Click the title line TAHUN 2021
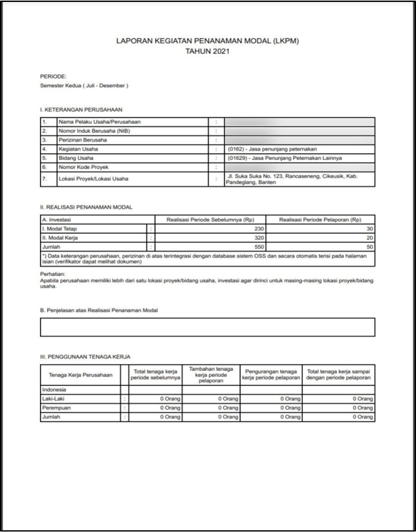tap(207, 50)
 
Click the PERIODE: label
tap(53, 77)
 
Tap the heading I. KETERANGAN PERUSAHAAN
tap(81, 109)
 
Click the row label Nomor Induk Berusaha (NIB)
tap(95, 131)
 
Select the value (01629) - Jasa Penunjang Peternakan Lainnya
tap(285, 159)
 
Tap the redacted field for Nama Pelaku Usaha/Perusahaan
tap(300, 122)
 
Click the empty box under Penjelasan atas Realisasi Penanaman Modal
tap(207, 327)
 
